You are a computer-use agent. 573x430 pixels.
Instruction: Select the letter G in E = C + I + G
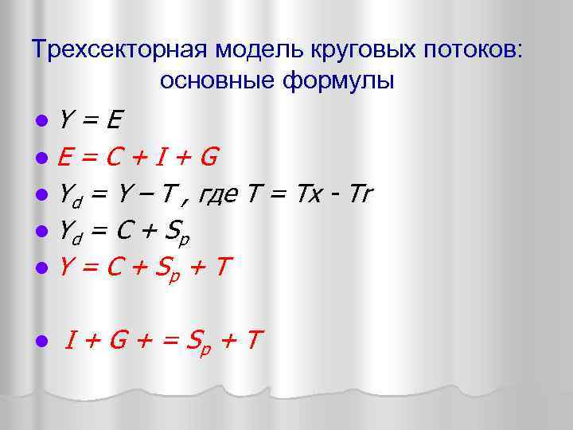click(209, 156)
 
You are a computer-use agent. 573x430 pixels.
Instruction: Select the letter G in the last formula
click(119, 341)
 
